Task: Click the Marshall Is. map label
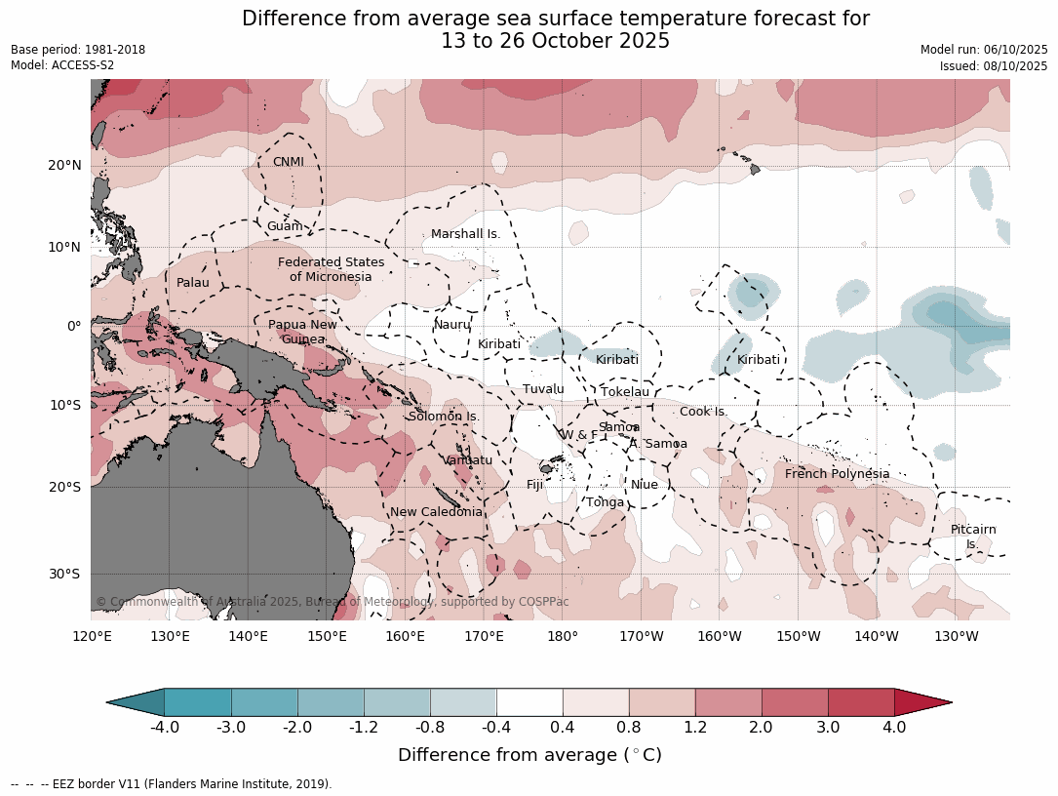(465, 234)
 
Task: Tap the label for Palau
(193, 283)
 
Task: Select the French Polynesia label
(837, 474)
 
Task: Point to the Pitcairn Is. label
(973, 537)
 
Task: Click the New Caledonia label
(436, 512)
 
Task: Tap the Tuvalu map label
(543, 389)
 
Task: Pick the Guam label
(285, 226)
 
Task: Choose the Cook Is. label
(702, 412)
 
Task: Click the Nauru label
(452, 325)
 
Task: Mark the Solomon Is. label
(444, 417)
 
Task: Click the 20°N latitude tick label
(64, 165)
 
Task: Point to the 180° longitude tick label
(563, 637)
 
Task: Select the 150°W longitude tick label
(799, 637)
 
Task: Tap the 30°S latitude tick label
(64, 574)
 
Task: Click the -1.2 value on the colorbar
(364, 727)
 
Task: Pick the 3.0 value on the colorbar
(827, 727)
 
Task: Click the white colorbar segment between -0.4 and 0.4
(529, 701)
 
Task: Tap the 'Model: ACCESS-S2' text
(62, 65)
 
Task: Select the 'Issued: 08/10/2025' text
(994, 65)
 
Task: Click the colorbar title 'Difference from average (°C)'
(529, 755)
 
